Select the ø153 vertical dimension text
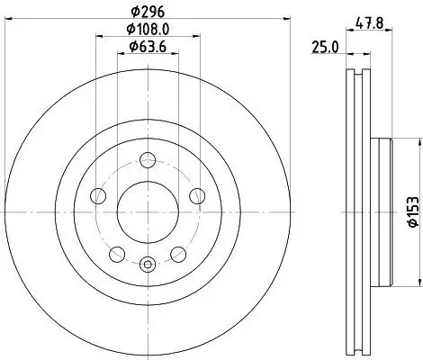pyautogui.click(x=411, y=210)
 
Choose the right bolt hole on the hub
pyautogui.click(x=196, y=197)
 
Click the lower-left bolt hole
pyautogui.click(x=117, y=252)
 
